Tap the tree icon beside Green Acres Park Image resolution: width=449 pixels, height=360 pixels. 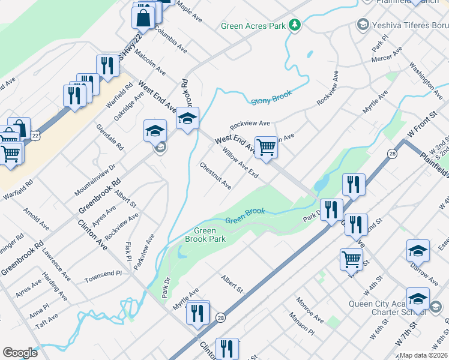coord(294,25)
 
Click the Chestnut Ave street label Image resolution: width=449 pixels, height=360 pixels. coord(215,176)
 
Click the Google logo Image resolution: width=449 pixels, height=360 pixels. coord(20,352)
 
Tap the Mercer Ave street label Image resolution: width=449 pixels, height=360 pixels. coord(387,56)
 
